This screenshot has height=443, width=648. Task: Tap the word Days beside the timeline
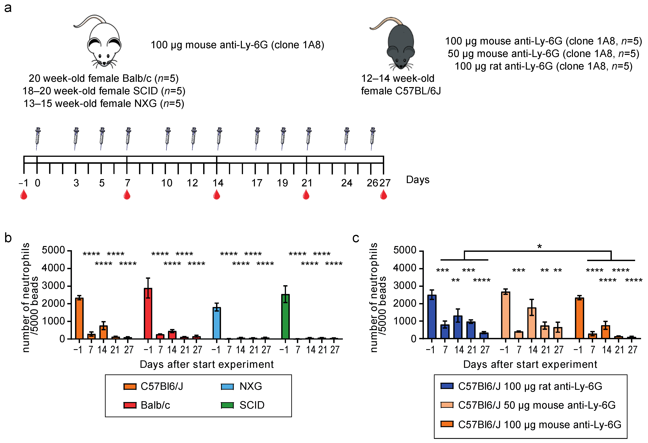[417, 180]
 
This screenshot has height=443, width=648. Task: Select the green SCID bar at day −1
[285, 316]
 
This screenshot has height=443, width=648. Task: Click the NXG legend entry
[242, 386]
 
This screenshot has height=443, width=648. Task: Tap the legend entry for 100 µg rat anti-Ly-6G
[521, 386]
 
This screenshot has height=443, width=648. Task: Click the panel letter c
[356, 239]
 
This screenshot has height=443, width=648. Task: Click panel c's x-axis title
[530, 364]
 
